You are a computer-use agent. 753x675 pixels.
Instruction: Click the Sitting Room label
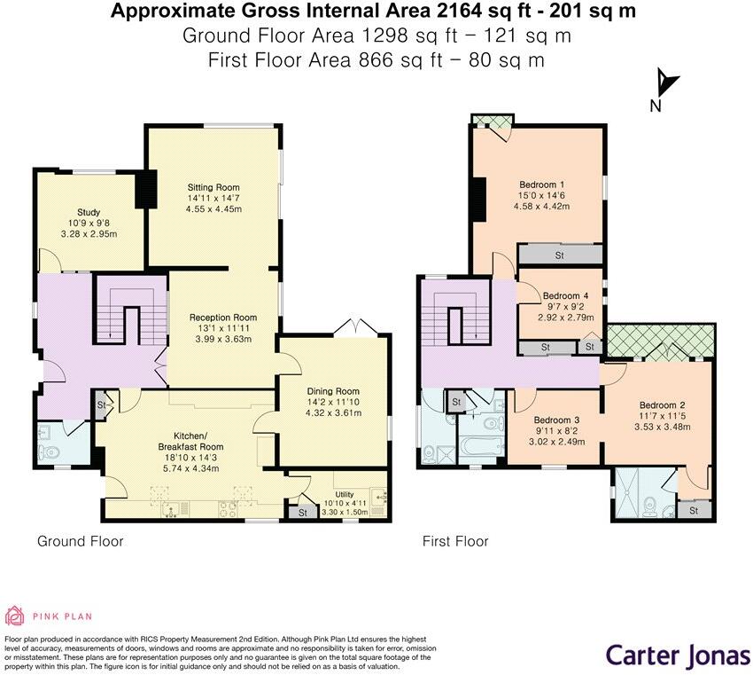[213, 187]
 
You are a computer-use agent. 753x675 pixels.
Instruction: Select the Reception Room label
[222, 318]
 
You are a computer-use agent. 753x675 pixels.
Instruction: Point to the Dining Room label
[333, 391]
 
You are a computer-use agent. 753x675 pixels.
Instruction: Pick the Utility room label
[344, 494]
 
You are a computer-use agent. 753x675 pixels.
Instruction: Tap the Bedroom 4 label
[565, 296]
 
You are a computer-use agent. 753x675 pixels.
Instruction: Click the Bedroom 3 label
[556, 420]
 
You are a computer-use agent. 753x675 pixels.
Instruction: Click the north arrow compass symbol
[666, 85]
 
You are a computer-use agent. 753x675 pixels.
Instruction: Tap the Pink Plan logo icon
[16, 616]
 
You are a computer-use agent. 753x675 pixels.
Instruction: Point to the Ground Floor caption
[80, 541]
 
